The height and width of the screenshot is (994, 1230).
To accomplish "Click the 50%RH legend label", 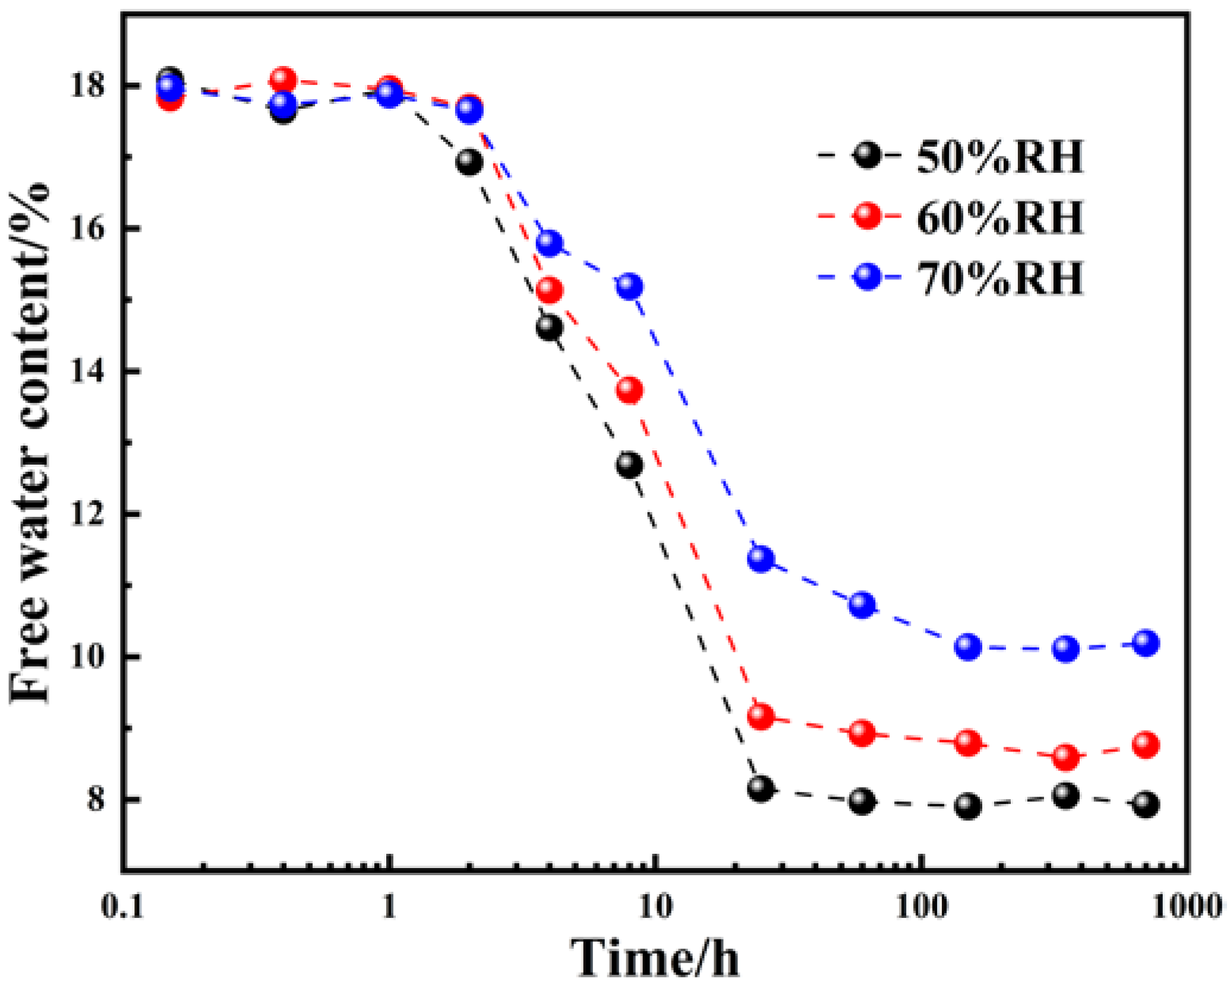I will (x=1000, y=157).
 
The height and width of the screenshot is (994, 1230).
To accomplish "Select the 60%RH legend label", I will (x=1000, y=217).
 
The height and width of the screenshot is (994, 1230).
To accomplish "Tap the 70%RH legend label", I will (x=1000, y=278).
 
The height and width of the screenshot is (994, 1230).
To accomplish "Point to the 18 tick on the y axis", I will (x=87, y=86).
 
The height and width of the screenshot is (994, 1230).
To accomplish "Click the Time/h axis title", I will (x=655, y=959).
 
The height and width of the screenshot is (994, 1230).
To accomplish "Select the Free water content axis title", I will (x=30, y=443).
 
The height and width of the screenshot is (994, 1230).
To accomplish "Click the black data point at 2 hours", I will (x=469, y=162).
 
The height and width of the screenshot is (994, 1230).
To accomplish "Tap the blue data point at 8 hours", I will (x=630, y=286).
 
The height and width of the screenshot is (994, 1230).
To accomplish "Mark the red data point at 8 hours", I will (x=630, y=390).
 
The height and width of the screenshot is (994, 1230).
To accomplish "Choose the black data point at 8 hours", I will (x=630, y=465).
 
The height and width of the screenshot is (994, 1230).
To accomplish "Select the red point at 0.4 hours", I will (x=283, y=80).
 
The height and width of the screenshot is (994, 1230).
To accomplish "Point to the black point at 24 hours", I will (x=761, y=789).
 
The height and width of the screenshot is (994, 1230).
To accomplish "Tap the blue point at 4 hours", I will (x=550, y=242).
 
